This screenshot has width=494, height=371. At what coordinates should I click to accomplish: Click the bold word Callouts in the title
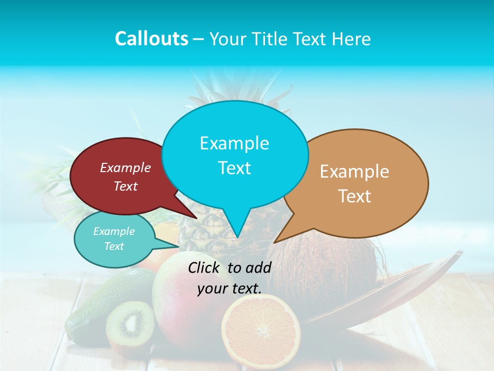(x=151, y=39)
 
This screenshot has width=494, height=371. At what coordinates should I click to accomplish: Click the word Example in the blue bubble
(x=234, y=143)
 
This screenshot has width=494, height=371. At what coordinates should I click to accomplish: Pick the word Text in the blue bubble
(x=234, y=168)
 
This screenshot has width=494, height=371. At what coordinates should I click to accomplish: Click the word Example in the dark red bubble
(x=126, y=167)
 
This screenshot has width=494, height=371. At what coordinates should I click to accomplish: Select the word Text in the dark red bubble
(x=126, y=186)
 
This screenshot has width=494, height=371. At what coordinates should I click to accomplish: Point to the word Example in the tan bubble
(x=355, y=172)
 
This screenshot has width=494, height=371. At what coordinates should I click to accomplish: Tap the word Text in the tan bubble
(x=355, y=196)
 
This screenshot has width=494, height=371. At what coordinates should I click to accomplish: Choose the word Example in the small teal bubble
(x=114, y=231)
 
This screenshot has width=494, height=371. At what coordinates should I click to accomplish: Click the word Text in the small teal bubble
(x=114, y=246)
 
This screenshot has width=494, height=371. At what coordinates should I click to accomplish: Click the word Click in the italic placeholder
(x=205, y=267)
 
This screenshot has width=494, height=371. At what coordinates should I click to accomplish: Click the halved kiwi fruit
(x=130, y=323)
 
